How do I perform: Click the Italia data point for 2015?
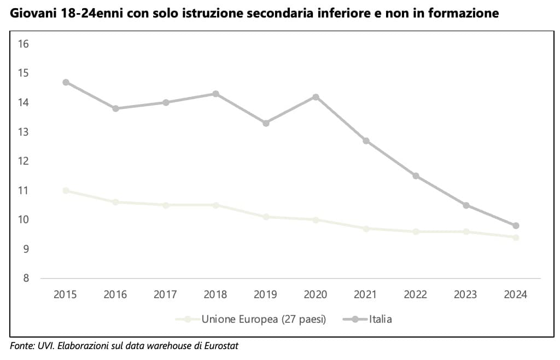pyautogui.click(x=66, y=82)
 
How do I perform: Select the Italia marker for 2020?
pyautogui.click(x=316, y=97)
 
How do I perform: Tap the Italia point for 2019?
pyautogui.click(x=266, y=123)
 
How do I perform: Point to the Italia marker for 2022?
pyautogui.click(x=416, y=176)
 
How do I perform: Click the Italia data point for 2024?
pyautogui.click(x=515, y=225)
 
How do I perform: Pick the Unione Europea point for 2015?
pyautogui.click(x=66, y=190)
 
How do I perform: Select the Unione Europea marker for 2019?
pyautogui.click(x=266, y=217)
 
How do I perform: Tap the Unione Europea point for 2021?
pyautogui.click(x=366, y=228)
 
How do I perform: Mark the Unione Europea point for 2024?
pyautogui.click(x=515, y=237)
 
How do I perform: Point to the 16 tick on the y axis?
pyautogui.click(x=24, y=44)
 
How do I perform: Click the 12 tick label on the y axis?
pyautogui.click(x=24, y=161)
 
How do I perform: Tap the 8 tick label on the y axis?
pyautogui.click(x=26, y=278)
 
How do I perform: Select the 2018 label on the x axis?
pyautogui.click(x=215, y=294)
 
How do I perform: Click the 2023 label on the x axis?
pyautogui.click(x=465, y=294)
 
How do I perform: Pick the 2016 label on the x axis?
pyautogui.click(x=115, y=294)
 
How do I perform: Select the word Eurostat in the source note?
pyautogui.click(x=221, y=346)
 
